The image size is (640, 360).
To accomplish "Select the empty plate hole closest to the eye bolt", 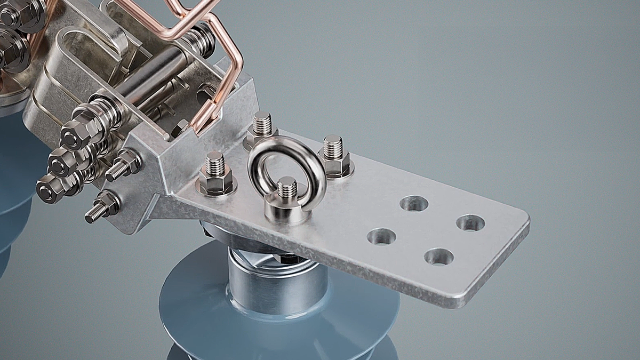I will click(382, 236).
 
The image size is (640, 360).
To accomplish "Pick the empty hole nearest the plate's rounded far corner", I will click(470, 223).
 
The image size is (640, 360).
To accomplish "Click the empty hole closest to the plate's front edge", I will click(439, 257).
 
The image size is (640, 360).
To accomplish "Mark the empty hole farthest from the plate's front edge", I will click(414, 203).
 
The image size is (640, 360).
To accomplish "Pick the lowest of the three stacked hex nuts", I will click(51, 187).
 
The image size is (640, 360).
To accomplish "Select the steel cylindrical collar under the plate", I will click(277, 283).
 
